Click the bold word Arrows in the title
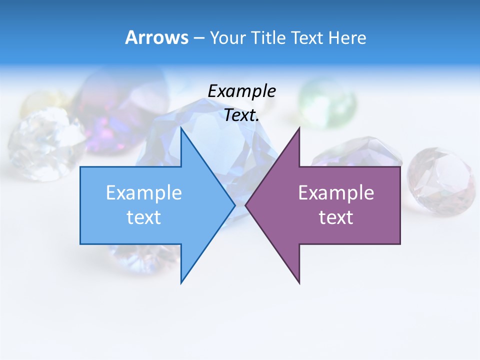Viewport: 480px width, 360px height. [x=156, y=37]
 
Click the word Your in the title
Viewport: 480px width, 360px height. [x=227, y=37]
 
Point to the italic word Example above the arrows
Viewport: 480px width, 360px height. [x=241, y=91]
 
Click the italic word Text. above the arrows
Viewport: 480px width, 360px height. [x=241, y=115]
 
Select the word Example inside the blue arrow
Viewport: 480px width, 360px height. [x=144, y=192]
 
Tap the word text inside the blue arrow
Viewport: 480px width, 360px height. [x=144, y=217]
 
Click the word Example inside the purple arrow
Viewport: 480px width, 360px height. [x=336, y=192]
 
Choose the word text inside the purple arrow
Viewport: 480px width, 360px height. [x=336, y=217]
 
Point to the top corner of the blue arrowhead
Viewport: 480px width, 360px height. [x=181, y=129]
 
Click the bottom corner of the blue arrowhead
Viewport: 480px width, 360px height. [x=181, y=282]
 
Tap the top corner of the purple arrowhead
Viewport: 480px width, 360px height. [x=299, y=129]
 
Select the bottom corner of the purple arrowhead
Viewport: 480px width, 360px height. [x=299, y=282]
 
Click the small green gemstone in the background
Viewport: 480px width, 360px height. [x=328, y=97]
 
